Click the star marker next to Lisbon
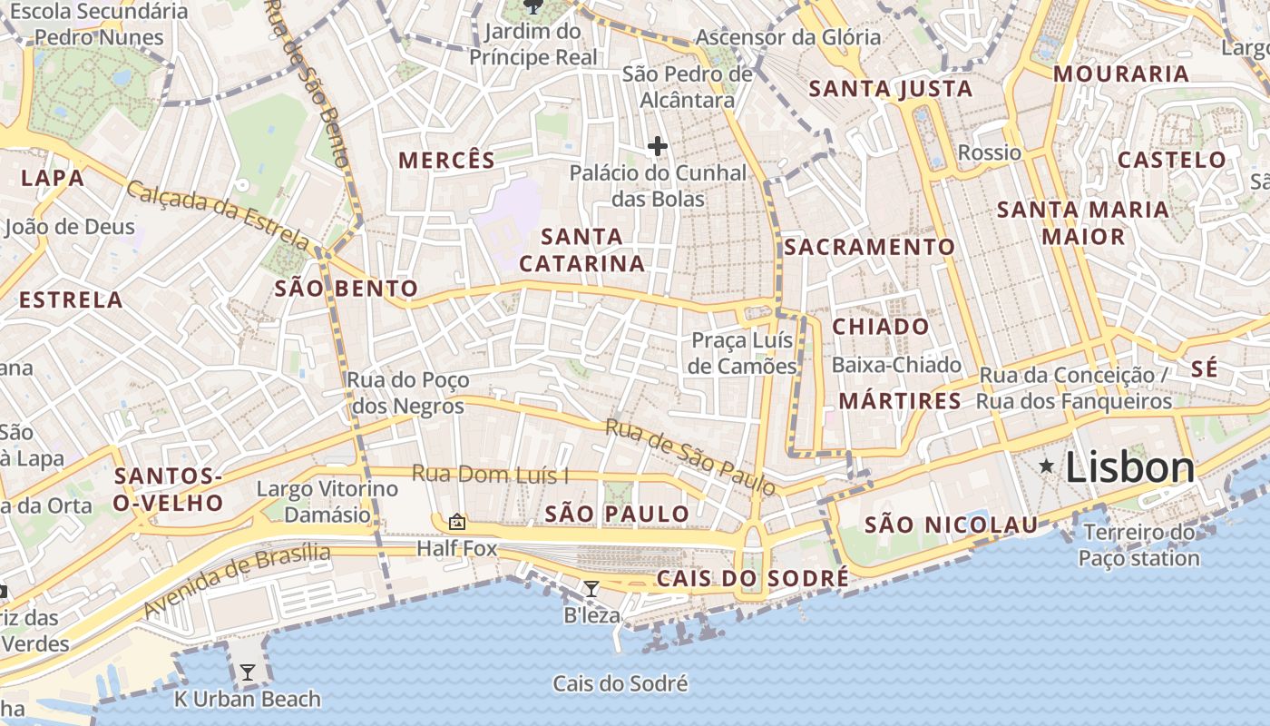point(1047,466)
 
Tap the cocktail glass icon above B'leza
point(591,589)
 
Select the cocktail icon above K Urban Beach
point(247,672)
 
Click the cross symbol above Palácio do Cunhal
point(658,146)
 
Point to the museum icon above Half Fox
point(457,522)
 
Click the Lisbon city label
point(1129,467)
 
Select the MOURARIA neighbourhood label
point(1120,74)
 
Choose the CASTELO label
point(1171,161)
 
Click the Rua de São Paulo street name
point(690,456)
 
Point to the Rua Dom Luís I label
point(490,474)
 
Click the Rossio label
point(989,152)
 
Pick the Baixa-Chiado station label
point(896,365)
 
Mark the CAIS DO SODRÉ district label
point(753,578)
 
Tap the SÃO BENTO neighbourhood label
point(346,289)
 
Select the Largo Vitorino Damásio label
point(327,502)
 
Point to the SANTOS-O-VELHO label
point(169,489)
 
